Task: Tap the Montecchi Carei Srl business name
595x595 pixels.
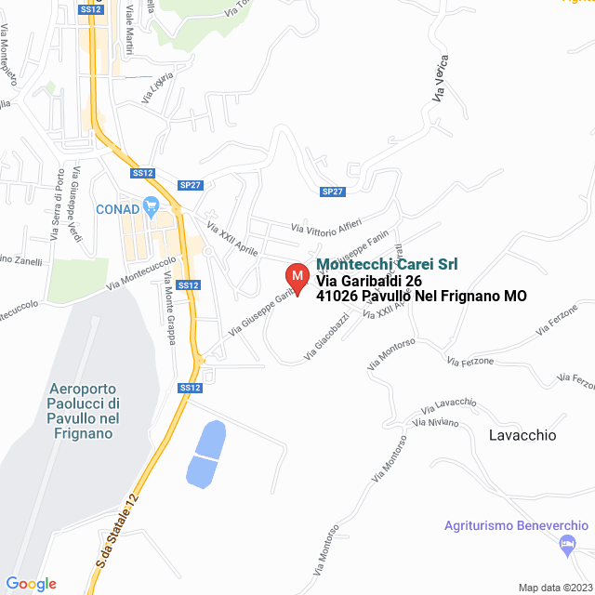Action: click(x=387, y=264)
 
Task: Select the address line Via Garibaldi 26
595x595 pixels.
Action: click(x=369, y=281)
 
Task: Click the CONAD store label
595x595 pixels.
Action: click(x=117, y=209)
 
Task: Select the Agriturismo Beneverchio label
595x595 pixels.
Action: click(x=515, y=525)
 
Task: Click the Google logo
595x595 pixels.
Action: click(x=32, y=584)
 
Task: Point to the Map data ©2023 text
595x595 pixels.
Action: click(x=554, y=588)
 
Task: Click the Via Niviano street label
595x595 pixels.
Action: click(x=438, y=423)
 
